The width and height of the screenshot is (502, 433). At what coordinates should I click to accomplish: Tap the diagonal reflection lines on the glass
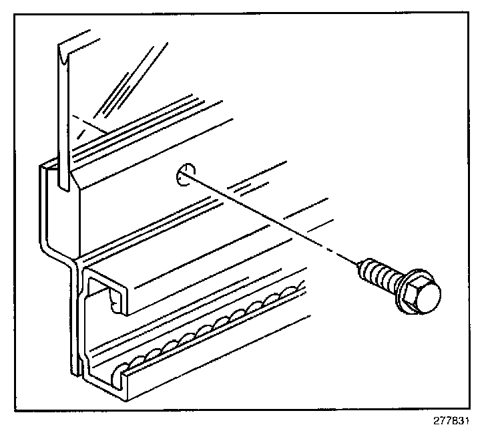coord(127,74)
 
